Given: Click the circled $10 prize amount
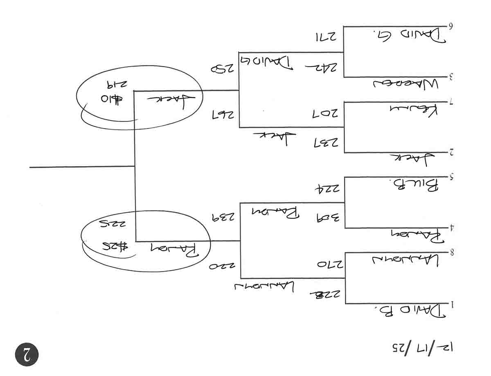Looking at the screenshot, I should click(111, 100).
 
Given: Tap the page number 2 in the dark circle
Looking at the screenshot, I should click(27, 354).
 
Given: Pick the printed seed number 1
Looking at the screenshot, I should click(452, 304).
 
